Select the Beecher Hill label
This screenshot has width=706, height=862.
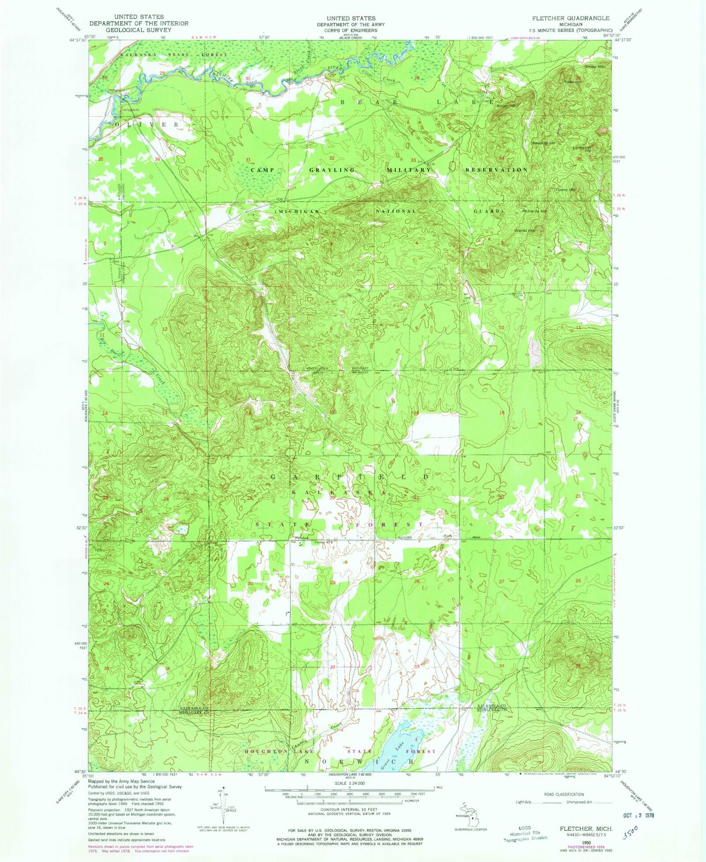coord(543,143)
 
